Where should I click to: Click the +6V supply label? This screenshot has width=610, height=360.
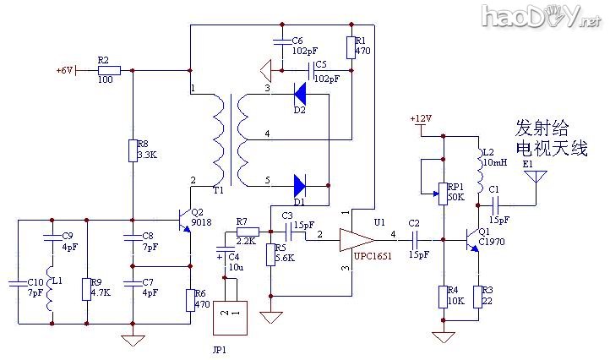point(65,70)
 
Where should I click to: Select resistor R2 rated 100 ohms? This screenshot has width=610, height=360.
point(108,71)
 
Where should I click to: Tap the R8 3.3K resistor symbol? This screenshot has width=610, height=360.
point(133,150)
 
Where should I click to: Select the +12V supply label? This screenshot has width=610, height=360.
point(422,118)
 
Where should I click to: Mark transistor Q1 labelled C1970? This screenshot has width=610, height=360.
point(473,240)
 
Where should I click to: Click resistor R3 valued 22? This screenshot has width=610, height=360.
point(478,296)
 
